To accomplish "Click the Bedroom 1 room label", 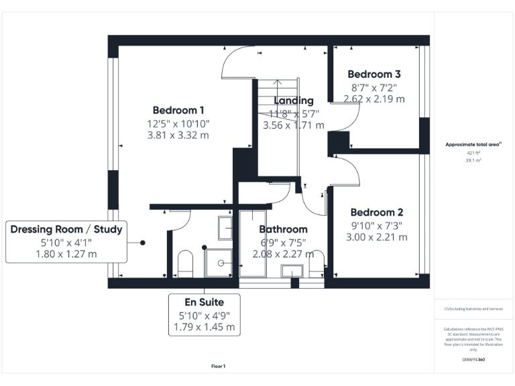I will pos(178,111).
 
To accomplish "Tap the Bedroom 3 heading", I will pos(374,74).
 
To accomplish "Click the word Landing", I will pos(293,101).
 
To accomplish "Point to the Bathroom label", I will pos(283,229).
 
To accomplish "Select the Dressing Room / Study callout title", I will pos(66,230).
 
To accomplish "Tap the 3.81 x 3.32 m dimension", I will pos(178,135).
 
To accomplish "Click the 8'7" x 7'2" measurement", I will pos(374,86).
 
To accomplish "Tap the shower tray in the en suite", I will pos(218,262).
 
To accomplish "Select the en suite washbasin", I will pos(225,227).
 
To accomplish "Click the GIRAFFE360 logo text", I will pos(473,360).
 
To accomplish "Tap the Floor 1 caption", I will pos(218,366).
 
